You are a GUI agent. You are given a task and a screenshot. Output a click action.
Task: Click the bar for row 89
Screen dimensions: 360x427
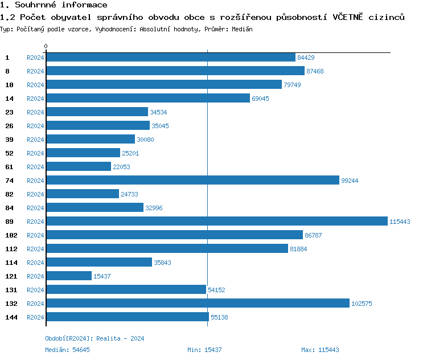216,222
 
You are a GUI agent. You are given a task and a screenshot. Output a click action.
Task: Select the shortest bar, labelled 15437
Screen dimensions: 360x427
68,276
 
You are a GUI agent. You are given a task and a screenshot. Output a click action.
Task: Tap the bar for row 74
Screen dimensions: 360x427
192,181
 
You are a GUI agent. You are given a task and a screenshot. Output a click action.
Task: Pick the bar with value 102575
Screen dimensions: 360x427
197,304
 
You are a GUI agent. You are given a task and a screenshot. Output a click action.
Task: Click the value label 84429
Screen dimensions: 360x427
306,58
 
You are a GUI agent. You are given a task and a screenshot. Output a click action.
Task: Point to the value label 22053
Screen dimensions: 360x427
121,167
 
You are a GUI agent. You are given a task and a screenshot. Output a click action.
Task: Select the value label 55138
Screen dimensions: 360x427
219,317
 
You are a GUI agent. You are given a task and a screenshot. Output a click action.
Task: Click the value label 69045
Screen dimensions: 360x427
260,99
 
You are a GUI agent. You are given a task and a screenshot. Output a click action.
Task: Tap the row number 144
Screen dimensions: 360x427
11,317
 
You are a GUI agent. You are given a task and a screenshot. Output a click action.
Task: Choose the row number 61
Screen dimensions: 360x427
9,167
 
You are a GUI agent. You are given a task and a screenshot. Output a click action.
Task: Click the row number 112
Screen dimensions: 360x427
11,249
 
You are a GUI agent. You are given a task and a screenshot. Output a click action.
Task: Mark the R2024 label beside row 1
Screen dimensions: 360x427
35,58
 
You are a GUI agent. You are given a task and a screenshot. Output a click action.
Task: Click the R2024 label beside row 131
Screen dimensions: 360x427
35,290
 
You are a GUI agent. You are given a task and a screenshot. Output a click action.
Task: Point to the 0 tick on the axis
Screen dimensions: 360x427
46,46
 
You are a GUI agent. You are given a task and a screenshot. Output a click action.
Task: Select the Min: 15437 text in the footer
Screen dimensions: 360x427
204,350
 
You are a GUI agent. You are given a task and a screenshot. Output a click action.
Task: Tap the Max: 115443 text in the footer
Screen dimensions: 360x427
320,350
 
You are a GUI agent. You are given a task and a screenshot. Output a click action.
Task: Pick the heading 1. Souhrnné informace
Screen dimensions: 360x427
54,5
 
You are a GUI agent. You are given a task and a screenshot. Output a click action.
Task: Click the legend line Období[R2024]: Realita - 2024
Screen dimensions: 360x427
95,338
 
